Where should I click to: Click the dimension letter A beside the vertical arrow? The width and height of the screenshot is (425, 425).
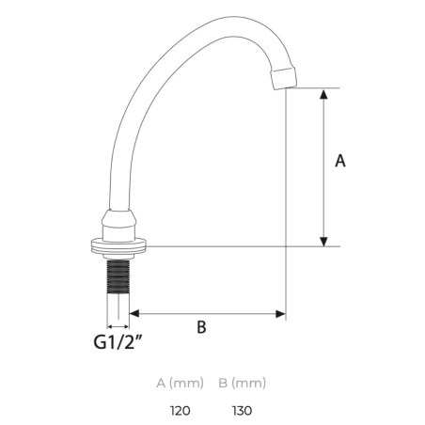(x=340, y=161)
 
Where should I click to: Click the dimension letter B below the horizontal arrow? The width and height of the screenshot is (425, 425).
(x=201, y=327)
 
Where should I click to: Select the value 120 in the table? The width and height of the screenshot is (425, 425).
(x=181, y=410)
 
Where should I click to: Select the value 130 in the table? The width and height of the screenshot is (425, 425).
(x=243, y=410)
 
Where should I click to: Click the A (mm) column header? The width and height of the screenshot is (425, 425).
(x=181, y=383)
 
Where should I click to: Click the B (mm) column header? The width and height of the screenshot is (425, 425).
(x=243, y=383)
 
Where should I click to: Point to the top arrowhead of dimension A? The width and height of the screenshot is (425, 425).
(x=323, y=94)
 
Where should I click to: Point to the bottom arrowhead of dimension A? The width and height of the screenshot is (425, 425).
(x=323, y=242)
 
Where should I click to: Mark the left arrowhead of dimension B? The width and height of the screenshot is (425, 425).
(x=134, y=313)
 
